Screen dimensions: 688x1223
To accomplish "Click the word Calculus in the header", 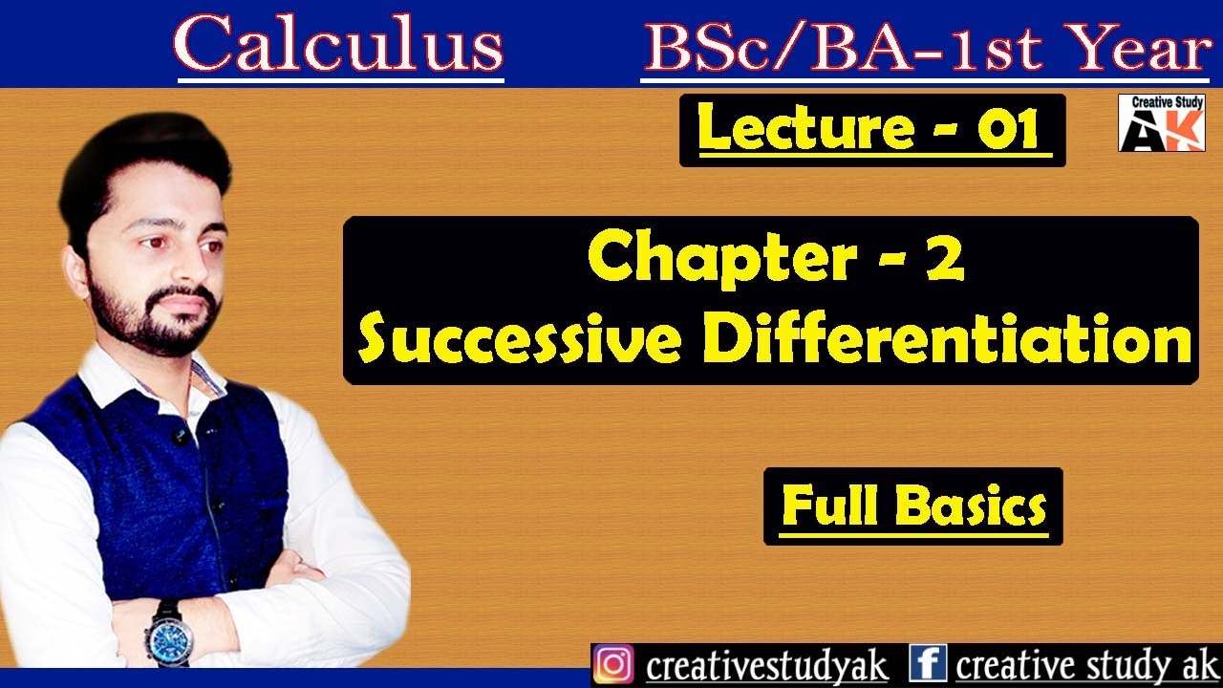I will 339,46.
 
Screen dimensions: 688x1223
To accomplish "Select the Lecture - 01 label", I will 871,129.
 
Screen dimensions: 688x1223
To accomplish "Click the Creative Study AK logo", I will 1161,122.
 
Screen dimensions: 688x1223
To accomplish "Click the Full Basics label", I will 913,506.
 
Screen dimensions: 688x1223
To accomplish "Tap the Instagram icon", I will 613,665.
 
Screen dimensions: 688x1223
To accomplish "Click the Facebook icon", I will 927,665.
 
